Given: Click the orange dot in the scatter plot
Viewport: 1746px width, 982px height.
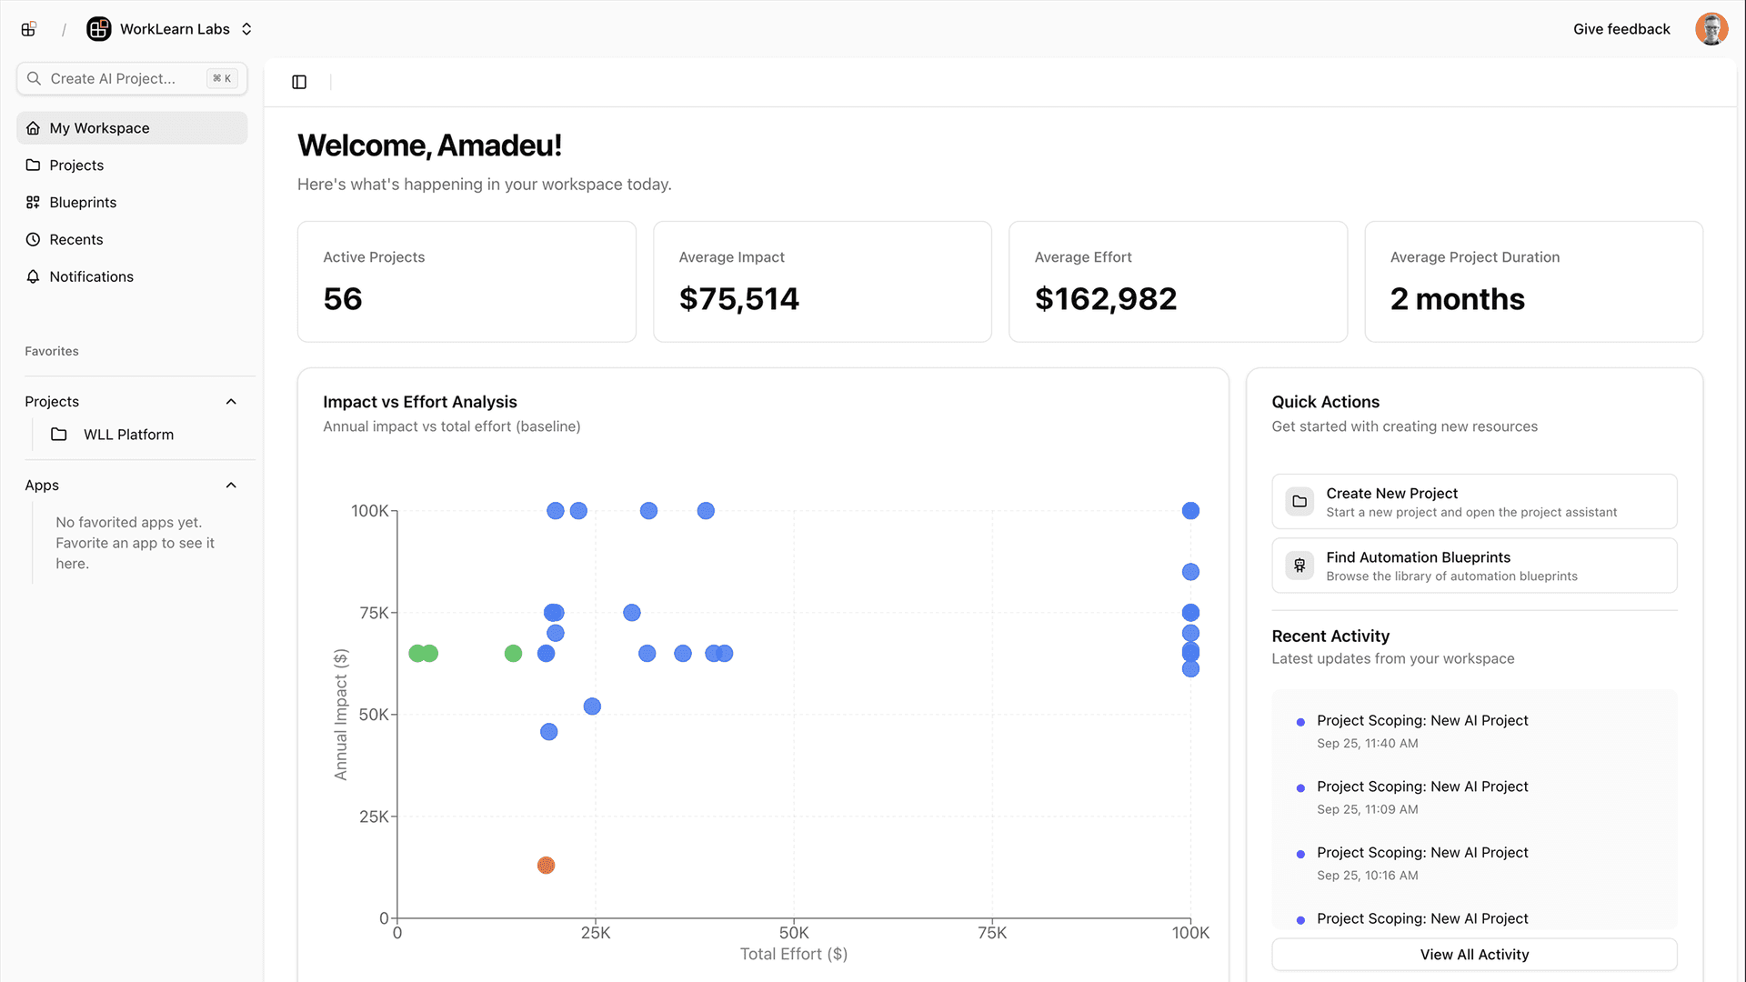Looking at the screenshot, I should coord(546,865).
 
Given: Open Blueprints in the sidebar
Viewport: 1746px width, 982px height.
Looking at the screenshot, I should coord(83,202).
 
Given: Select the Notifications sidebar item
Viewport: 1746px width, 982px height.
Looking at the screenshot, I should coord(91,276).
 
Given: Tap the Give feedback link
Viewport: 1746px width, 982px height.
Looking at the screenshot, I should coord(1621,29).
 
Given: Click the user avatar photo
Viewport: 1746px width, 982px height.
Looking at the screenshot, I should coord(1711,29).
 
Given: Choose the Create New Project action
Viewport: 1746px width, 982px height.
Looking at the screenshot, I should coord(1473,501).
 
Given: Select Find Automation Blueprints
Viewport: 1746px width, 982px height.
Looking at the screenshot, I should coord(1473,566).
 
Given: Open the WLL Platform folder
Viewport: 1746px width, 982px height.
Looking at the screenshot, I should coord(128,435).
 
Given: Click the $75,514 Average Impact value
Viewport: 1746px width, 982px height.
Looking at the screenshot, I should coord(738,299).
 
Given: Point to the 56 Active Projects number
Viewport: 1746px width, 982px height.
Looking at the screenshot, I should coord(343,299).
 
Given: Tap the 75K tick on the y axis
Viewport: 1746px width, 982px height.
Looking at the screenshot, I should coord(374,613).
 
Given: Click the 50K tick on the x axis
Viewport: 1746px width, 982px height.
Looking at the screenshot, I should coord(793,933).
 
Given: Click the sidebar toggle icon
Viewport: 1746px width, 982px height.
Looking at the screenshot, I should coord(299,82).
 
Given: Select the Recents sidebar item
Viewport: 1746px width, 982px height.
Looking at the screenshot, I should coord(76,239).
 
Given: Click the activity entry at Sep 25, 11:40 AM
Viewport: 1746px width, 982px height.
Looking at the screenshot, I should coord(1421,730).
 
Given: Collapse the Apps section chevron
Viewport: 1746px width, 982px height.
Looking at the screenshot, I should coord(231,486).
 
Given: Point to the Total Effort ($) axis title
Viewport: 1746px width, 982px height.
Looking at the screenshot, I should coord(793,954).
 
